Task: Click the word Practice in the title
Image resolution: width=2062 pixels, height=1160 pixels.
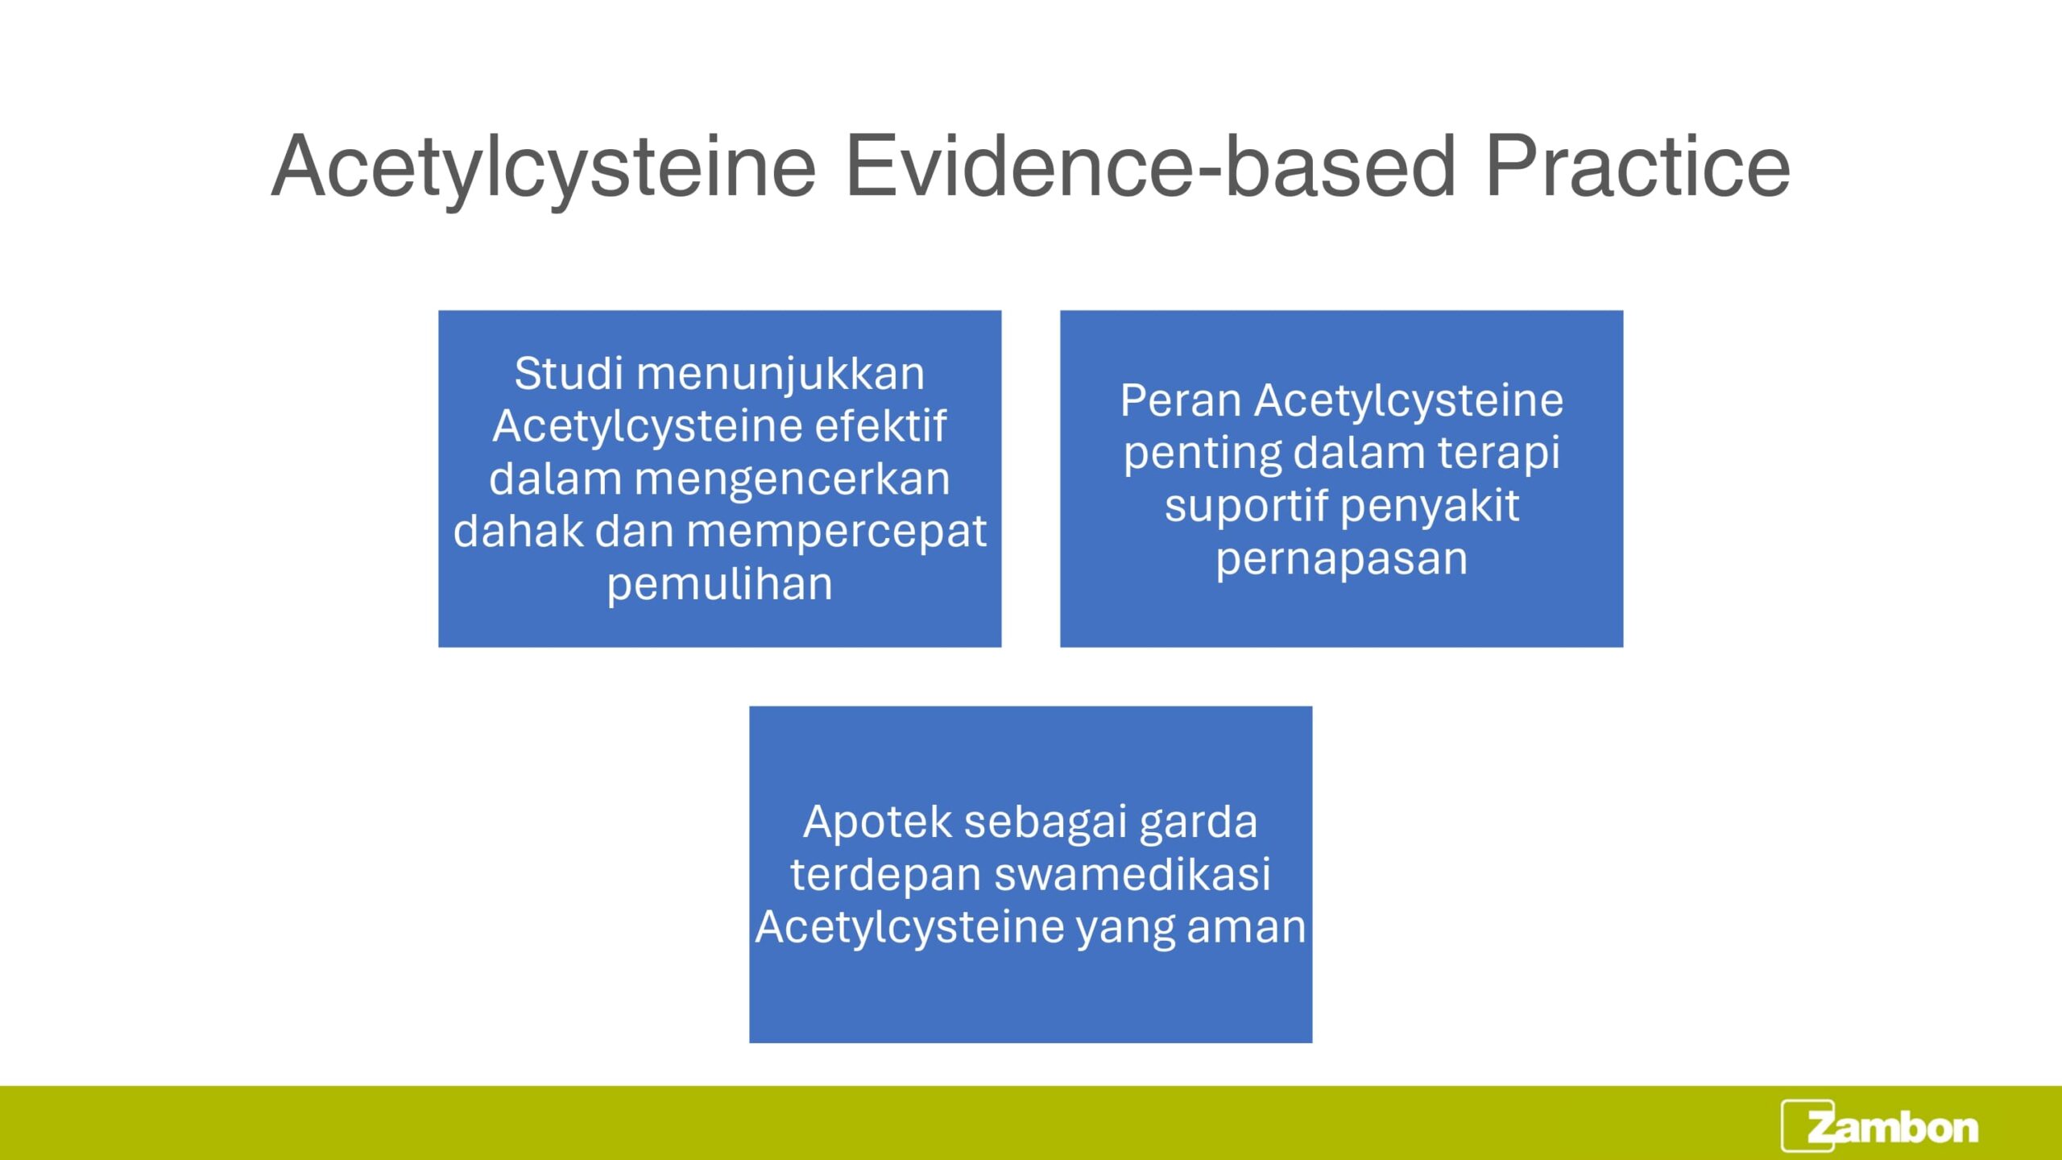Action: [x=1637, y=166]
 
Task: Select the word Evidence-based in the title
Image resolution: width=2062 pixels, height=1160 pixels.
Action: [x=1150, y=166]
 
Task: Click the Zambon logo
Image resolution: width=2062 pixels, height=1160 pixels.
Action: [x=1879, y=1125]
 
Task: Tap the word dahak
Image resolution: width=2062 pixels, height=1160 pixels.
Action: [x=518, y=531]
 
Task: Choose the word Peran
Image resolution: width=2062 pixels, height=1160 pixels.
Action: [x=1180, y=401]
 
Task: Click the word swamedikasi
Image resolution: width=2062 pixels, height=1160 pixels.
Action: [x=1132, y=874]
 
